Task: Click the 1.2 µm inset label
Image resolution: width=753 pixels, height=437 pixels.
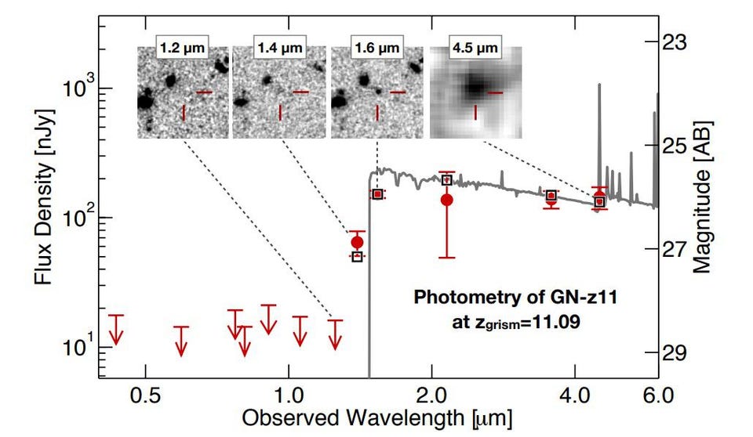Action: (x=184, y=47)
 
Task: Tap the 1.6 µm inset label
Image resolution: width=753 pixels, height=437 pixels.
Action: (x=377, y=47)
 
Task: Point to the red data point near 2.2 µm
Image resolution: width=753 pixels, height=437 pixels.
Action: (x=446, y=200)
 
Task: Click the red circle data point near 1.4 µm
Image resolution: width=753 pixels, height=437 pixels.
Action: (x=357, y=242)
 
